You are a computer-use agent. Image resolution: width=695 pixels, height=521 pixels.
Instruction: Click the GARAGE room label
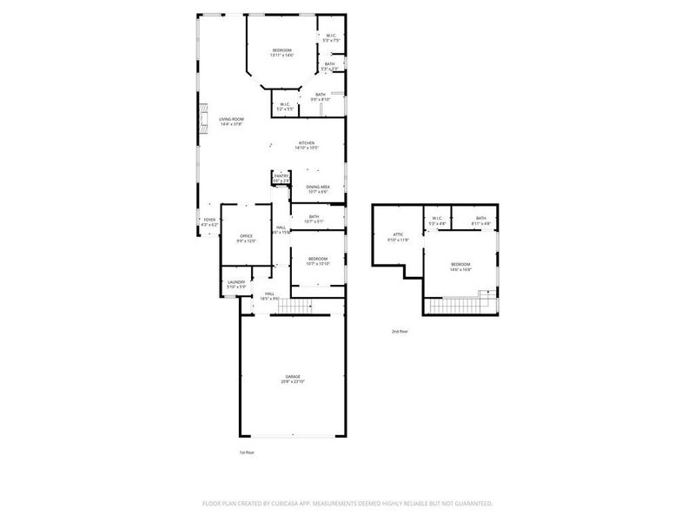[x=291, y=377]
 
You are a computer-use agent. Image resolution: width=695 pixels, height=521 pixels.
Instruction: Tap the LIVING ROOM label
[x=231, y=119]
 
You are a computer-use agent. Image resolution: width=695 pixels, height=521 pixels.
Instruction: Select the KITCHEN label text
[x=307, y=143]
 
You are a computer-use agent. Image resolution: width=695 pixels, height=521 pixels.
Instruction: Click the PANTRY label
[x=281, y=175]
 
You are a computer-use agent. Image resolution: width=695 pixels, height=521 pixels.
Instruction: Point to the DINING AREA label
[x=317, y=187]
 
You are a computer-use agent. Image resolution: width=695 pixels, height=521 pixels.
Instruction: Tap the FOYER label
[x=209, y=220]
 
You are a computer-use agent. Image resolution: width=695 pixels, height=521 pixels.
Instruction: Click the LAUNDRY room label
[x=235, y=281]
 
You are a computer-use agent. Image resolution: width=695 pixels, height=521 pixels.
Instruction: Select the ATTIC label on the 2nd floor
[x=398, y=234]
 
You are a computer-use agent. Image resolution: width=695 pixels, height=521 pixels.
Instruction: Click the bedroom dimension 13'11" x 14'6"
[x=282, y=56]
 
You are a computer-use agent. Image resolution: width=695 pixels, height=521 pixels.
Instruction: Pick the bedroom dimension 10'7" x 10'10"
[x=318, y=263]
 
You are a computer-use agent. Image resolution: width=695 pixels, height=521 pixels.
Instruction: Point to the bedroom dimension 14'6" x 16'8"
[x=460, y=269]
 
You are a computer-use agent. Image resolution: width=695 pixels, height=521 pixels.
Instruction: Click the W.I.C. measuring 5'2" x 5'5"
[x=285, y=109]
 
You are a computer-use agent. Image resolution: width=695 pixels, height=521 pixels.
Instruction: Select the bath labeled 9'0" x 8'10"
[x=321, y=99]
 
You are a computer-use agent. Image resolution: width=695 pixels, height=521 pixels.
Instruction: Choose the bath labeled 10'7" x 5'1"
[x=314, y=221]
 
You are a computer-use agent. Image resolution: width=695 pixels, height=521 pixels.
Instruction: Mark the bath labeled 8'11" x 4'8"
[x=480, y=223]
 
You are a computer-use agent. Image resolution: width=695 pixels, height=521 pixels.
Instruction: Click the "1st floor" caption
[x=248, y=452]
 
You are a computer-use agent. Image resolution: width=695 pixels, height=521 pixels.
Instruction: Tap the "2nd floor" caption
[x=399, y=331]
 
